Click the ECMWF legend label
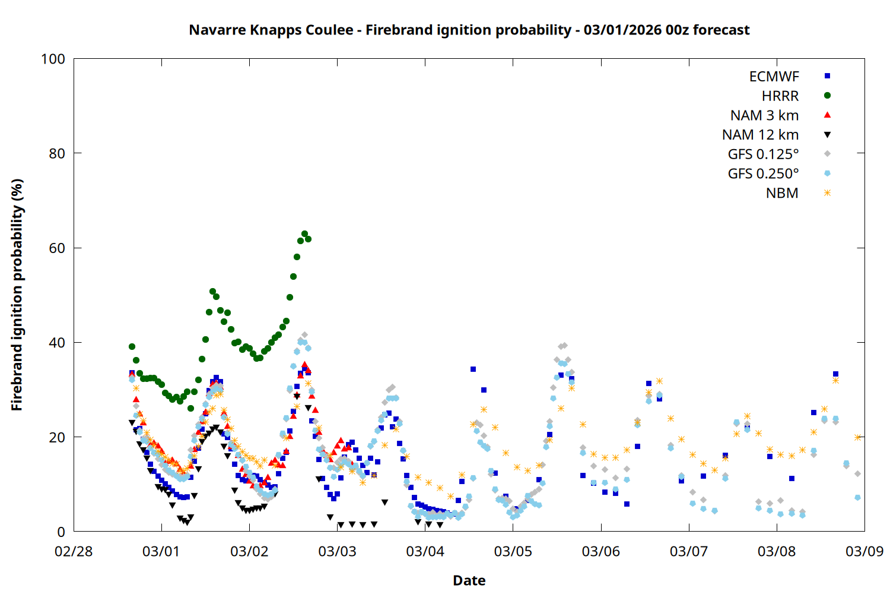(x=774, y=77)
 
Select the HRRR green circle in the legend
(x=827, y=96)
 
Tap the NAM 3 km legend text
(x=764, y=115)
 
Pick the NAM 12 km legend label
(x=760, y=135)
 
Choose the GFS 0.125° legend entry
(x=763, y=154)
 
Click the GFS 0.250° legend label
(x=763, y=174)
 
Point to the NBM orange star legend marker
(x=827, y=193)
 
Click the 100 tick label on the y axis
(x=53, y=59)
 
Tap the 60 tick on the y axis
(x=57, y=248)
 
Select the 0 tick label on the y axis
(x=61, y=532)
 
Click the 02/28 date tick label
(x=74, y=551)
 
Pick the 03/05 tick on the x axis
(x=513, y=551)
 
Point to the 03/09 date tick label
(x=864, y=551)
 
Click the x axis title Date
(x=469, y=580)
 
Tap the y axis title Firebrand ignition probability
(x=17, y=295)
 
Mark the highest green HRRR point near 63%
(x=304, y=234)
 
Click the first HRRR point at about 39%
(x=132, y=347)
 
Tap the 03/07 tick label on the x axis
(x=688, y=551)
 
